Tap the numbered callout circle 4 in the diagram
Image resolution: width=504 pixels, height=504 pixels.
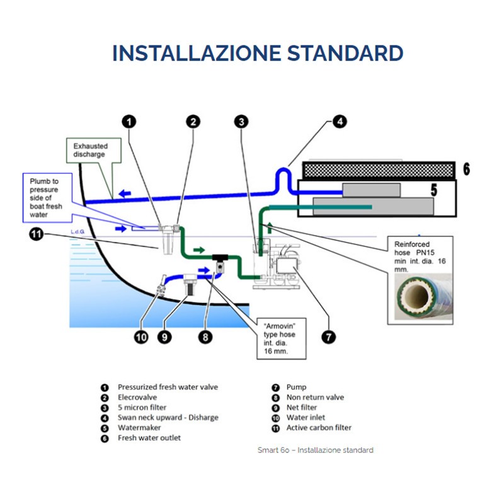coord(340,122)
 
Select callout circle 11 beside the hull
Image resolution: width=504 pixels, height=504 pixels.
coord(37,235)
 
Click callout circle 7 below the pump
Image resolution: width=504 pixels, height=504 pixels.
coord(328,337)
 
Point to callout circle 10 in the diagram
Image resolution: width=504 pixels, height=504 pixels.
coord(141,337)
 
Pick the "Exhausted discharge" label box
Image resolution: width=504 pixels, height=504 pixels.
coord(88,151)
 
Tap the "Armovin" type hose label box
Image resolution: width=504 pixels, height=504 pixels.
coord(282,339)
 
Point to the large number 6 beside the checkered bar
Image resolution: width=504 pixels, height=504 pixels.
coord(466,169)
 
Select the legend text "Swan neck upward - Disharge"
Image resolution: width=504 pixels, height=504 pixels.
coord(168,418)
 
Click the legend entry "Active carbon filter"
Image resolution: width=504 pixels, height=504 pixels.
coord(319,428)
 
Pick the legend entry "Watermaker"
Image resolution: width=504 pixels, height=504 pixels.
coord(139,428)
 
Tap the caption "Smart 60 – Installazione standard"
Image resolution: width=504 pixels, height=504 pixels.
coord(315,450)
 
